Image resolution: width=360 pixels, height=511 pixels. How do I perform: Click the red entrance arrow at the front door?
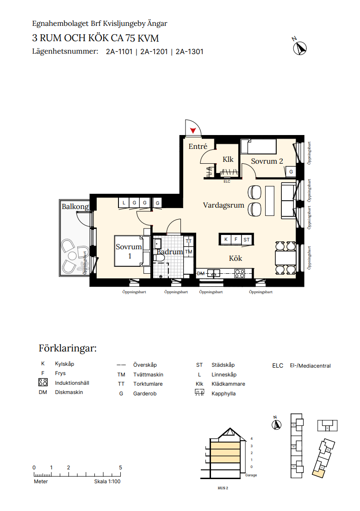click(x=192, y=130)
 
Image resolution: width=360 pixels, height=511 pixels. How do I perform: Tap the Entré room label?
click(x=198, y=146)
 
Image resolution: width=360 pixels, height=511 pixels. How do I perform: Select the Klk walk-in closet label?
click(x=228, y=159)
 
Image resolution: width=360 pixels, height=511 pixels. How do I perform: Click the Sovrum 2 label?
click(x=267, y=161)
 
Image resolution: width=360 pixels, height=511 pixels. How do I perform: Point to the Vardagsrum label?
click(x=223, y=205)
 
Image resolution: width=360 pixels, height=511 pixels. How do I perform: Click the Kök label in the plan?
click(x=236, y=258)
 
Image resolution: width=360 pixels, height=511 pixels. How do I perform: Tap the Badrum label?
click(x=169, y=252)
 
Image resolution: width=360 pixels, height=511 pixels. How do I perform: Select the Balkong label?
click(x=75, y=207)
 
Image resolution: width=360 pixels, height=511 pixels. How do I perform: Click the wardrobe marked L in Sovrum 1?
click(x=124, y=203)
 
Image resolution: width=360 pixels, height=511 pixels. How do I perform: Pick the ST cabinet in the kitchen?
click(x=247, y=240)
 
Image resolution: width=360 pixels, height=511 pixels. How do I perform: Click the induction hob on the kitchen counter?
click(x=240, y=273)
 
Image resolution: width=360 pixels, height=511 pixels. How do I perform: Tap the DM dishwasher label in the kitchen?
click(x=200, y=273)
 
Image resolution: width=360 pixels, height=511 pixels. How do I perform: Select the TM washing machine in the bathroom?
click(x=188, y=252)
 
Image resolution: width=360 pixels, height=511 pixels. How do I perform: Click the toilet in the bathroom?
click(x=160, y=258)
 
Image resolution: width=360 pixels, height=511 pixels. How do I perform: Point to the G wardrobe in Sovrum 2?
click(x=291, y=172)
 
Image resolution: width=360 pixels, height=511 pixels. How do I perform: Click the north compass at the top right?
click(x=300, y=49)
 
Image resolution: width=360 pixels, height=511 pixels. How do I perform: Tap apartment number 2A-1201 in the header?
click(x=154, y=51)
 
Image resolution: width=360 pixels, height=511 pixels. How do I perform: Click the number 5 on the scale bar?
click(x=120, y=468)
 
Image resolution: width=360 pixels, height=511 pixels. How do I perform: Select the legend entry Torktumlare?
click(x=148, y=384)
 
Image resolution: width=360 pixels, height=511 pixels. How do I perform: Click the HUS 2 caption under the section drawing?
click(x=223, y=488)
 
